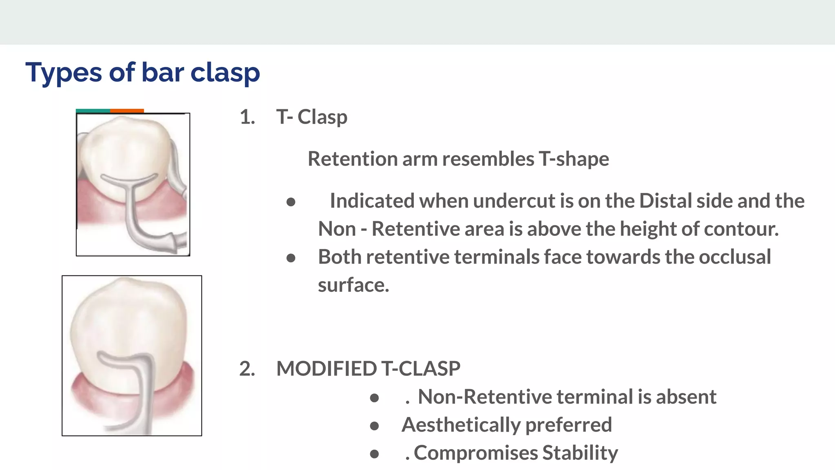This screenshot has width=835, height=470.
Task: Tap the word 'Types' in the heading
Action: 63,73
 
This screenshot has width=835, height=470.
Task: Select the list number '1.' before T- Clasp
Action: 247,117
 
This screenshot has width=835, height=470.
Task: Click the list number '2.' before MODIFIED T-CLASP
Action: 247,368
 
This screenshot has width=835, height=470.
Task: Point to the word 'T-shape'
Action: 574,159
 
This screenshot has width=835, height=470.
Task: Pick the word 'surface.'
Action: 353,285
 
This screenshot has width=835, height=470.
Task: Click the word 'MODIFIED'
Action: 327,368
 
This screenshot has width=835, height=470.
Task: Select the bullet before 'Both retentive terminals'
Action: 291,258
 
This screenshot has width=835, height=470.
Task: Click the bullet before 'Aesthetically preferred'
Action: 374,426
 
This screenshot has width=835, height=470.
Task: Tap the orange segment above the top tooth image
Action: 127,111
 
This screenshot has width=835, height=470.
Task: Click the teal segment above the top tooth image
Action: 93,111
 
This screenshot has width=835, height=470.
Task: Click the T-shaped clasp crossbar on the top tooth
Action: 129,180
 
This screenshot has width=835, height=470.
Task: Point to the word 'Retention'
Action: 352,159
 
